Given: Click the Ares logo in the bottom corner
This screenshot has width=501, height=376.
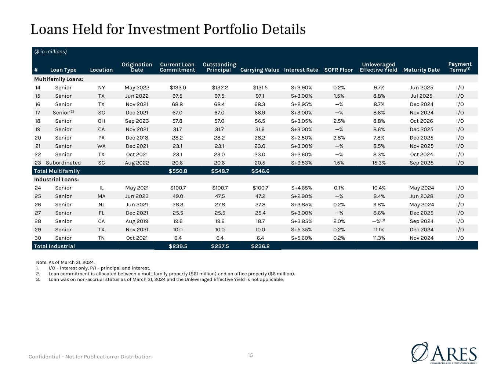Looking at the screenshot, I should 444,353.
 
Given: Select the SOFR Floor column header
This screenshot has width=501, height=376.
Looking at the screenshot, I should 338,70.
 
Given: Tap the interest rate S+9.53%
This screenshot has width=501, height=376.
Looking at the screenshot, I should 301,163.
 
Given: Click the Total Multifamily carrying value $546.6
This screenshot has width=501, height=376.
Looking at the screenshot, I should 260,171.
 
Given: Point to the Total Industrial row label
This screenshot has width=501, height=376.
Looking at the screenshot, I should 54,246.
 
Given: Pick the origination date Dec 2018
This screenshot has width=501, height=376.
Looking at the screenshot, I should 137,138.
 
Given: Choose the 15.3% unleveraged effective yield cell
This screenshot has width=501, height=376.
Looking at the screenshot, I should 379,163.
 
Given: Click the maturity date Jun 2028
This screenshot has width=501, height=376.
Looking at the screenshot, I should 421,196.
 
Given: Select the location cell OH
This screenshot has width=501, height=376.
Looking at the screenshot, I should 102,121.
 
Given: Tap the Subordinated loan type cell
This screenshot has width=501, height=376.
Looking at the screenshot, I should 63,163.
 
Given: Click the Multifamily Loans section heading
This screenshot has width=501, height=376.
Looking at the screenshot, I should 59,79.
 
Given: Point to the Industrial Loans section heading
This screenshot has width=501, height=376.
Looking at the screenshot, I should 57,179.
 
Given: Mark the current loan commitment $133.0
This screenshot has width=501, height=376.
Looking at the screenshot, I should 178,87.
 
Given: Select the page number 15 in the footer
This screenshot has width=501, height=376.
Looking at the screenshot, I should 250,355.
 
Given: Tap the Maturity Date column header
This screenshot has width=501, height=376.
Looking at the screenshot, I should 421,70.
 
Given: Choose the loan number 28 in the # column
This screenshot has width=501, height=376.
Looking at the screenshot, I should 38,221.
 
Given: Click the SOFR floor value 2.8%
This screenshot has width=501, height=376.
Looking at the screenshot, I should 339,138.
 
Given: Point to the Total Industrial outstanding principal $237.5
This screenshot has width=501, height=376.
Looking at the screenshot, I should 220,246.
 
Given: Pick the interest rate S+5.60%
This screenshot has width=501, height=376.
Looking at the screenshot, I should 301,238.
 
